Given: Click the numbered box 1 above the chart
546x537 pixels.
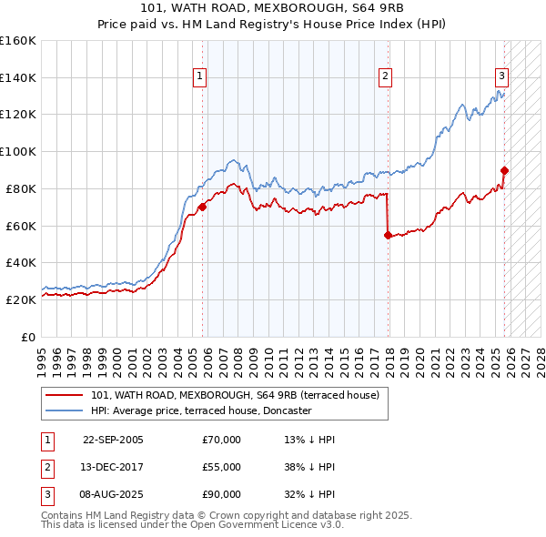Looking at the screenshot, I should (x=199, y=76).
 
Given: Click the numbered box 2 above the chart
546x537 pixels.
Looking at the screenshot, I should (x=386, y=76).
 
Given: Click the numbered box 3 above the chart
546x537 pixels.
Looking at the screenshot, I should (x=501, y=76).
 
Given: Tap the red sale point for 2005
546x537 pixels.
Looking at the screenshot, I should (x=202, y=207).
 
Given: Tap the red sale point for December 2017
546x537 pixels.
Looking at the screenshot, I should (x=388, y=235).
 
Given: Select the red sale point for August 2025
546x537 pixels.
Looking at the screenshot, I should (x=504, y=169).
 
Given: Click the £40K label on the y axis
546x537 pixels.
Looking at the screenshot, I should (x=21, y=262).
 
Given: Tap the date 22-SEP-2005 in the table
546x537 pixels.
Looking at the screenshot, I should (x=113, y=440).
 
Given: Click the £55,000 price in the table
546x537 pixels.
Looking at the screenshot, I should (x=222, y=467).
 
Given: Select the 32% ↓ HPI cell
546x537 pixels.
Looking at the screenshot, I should (x=309, y=494).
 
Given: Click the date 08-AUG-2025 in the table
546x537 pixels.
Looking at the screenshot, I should (x=113, y=494).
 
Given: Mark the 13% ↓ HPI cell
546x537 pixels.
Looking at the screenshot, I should (x=309, y=440).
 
